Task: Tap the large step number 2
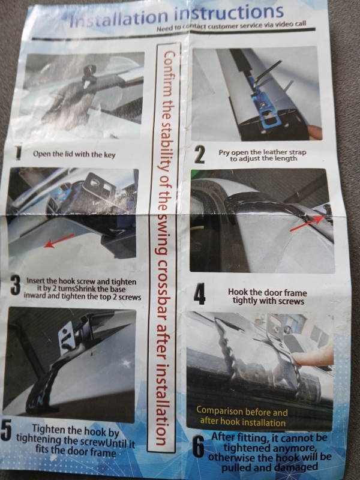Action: [x=200, y=155]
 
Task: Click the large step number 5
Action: [x=6, y=430]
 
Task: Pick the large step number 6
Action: [x=199, y=448]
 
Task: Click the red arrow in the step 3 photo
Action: [x=59, y=241]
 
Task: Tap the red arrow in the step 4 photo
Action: [x=307, y=223]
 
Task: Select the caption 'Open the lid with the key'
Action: [x=74, y=154]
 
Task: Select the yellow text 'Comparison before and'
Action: [x=242, y=412]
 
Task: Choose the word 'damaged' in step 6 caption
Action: [x=296, y=467]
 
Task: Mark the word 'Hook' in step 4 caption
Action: [x=238, y=292]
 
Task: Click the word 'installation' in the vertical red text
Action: [x=161, y=404]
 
